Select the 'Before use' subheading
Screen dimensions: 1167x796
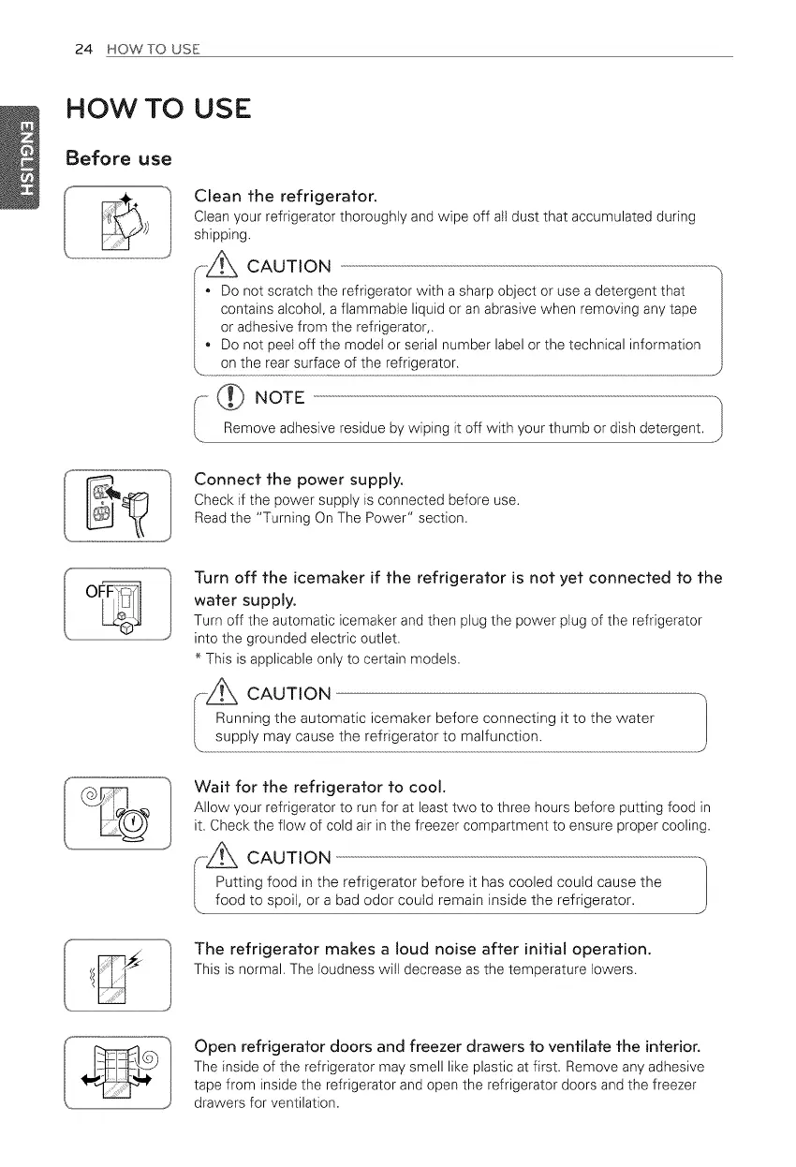[117, 158]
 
